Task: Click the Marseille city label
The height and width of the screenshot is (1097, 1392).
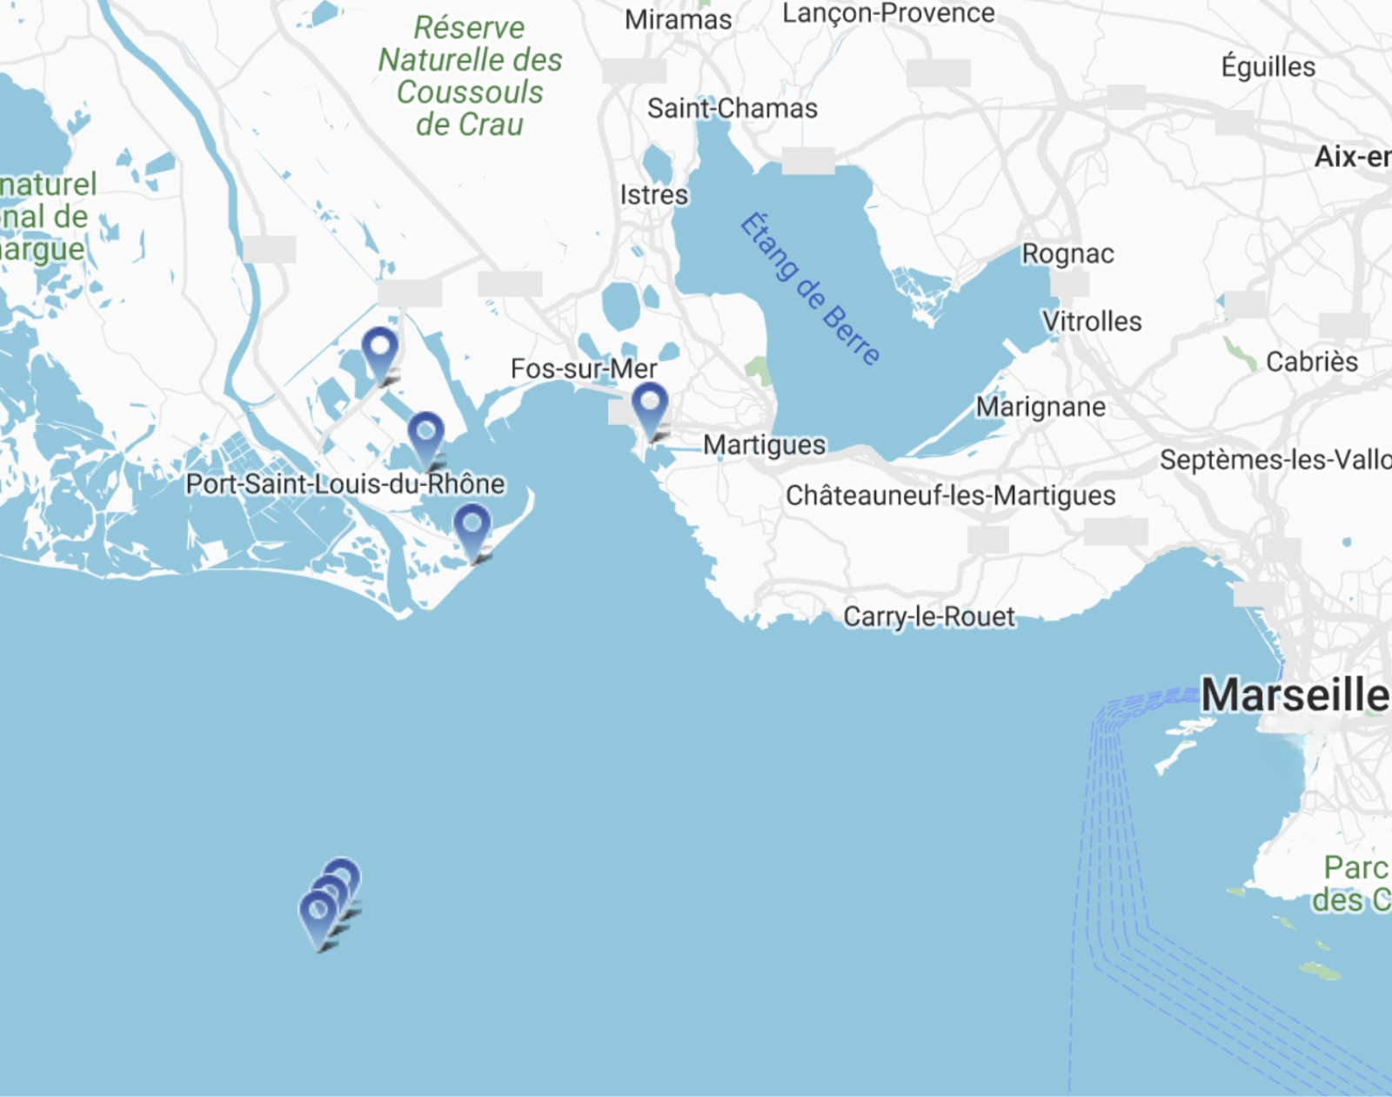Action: [1295, 696]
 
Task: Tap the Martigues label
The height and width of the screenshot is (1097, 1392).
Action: [764, 445]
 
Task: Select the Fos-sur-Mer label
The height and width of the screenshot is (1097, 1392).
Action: [583, 368]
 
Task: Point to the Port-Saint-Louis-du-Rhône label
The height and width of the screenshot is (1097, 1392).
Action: [345, 484]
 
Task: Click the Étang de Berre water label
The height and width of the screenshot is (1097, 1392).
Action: [809, 288]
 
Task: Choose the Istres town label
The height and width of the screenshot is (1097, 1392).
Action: [653, 195]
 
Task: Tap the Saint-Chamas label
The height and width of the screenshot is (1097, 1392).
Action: [732, 109]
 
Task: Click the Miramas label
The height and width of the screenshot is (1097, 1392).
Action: [678, 19]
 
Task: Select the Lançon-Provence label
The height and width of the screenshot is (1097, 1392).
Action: [888, 13]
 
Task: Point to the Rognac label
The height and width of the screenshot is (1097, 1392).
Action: [1067, 253]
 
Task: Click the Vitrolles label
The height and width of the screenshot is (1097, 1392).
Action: [1092, 321]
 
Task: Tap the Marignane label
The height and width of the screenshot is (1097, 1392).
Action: [1041, 407]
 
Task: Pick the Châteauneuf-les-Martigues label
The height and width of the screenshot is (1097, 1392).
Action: [950, 495]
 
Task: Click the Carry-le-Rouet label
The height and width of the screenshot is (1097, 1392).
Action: [928, 616]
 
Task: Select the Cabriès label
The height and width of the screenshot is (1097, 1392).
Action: [1311, 361]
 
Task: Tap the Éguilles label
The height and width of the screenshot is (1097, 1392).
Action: [1268, 67]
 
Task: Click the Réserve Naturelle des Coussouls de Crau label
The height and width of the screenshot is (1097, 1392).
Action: [470, 76]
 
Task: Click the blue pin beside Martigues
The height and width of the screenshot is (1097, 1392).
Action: [650, 406]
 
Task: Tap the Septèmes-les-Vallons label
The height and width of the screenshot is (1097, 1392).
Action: [1275, 460]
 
